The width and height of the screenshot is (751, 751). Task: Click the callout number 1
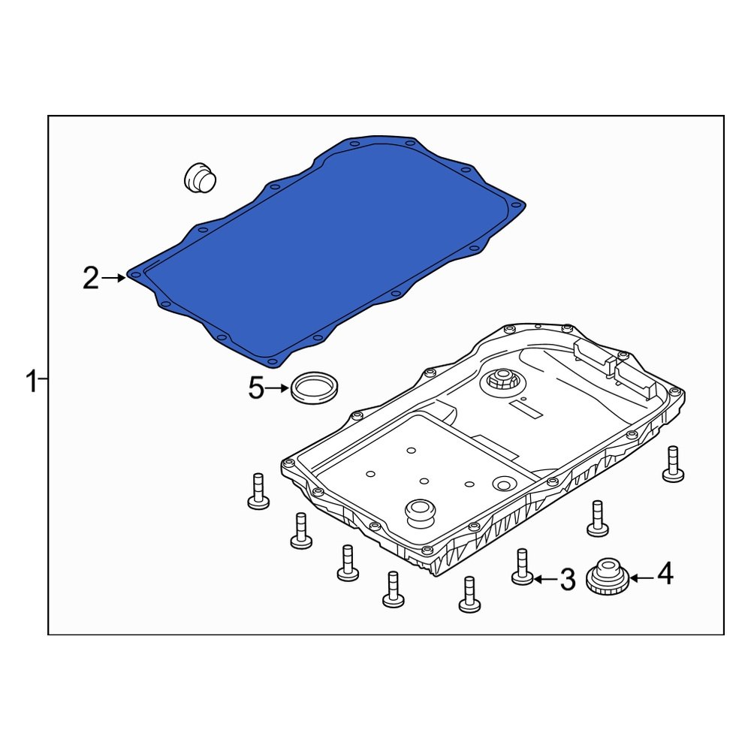point(31,382)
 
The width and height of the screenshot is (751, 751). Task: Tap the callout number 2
point(90,279)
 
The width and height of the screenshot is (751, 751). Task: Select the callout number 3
point(568,579)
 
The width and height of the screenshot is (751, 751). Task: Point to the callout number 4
point(665,575)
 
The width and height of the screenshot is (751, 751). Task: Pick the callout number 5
point(257,389)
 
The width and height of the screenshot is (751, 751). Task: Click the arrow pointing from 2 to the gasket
point(114,279)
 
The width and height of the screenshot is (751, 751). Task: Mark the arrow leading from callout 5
point(279,389)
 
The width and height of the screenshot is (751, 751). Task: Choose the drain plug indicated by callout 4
point(607,578)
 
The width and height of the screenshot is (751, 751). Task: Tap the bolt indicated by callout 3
point(522,567)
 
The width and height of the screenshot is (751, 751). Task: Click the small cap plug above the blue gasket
point(200,177)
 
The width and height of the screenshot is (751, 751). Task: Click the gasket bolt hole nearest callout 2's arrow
point(135,276)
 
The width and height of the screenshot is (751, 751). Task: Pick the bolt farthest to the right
point(673,463)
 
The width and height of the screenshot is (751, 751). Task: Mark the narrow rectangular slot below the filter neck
point(525,409)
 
